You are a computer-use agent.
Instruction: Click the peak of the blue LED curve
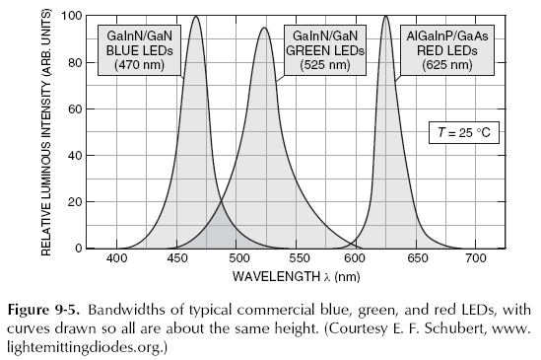196,16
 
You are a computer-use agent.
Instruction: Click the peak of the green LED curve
264,28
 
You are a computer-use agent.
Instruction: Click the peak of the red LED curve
385,16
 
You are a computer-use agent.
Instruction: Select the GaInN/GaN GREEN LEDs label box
324,48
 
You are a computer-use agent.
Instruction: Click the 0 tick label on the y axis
77,249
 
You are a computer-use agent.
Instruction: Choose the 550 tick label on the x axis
297,259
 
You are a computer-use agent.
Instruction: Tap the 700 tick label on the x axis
476,259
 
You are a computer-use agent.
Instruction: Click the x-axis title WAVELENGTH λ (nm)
297,276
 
